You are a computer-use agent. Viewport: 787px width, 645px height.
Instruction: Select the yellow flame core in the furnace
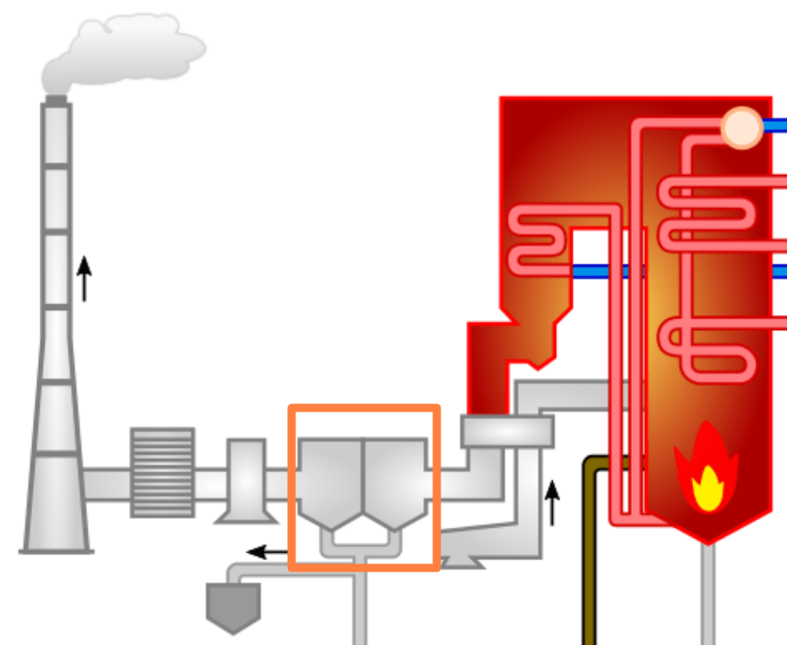(x=707, y=487)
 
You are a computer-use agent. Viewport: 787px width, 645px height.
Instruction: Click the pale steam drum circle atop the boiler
(x=742, y=128)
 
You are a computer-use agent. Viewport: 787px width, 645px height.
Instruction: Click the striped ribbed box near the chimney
(x=163, y=472)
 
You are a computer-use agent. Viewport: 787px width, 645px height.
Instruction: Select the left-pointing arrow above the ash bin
(x=267, y=551)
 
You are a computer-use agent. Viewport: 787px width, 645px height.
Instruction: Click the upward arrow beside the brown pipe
(x=552, y=502)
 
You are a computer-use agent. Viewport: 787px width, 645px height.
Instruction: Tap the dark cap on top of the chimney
(x=56, y=101)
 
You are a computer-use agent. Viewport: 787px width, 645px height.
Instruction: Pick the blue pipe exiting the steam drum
(x=776, y=126)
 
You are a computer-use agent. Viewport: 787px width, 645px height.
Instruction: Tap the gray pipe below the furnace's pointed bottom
(x=708, y=594)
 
